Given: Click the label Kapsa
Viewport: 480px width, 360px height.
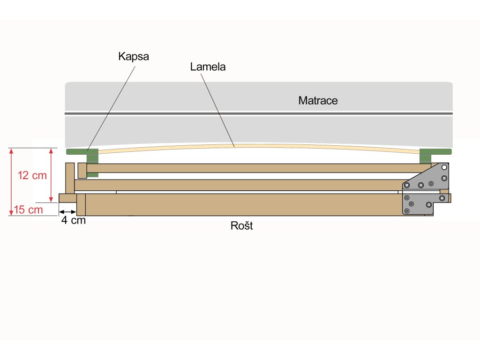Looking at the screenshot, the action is tap(134, 57).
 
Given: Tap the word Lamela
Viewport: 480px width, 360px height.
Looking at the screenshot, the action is tap(208, 67).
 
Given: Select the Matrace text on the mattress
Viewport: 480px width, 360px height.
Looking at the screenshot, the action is tap(318, 100).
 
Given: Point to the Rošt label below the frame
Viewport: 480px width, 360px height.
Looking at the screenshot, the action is tap(241, 225).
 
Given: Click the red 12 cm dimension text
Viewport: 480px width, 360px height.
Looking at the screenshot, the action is tap(32, 175).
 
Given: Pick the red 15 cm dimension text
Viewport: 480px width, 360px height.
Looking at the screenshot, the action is tap(28, 210).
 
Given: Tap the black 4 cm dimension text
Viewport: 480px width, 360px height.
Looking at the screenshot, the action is tap(74, 220).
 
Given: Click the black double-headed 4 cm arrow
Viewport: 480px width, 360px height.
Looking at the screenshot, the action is tap(67, 212).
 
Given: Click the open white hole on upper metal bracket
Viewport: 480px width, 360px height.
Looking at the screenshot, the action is tap(444, 167).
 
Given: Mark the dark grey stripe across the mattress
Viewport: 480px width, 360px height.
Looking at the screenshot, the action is tap(259, 113).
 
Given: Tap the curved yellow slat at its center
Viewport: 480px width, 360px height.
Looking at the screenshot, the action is tap(259, 146).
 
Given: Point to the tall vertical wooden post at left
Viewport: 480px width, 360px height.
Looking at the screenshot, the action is tap(70, 178).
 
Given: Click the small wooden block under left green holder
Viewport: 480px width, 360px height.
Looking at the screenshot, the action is tap(82, 171).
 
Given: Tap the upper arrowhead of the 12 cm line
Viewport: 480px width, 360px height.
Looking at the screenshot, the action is tap(51, 150).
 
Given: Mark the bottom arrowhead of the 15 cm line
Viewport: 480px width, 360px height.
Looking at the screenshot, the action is tap(11, 213).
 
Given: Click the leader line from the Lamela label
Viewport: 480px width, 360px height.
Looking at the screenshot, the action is tap(217, 110).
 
